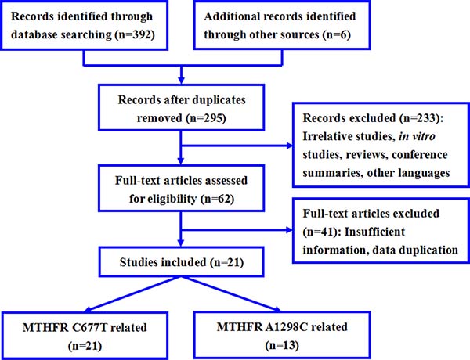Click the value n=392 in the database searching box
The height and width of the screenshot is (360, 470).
coord(135,34)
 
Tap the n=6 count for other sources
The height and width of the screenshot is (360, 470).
coord(337,34)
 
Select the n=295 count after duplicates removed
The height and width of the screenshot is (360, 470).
coord(206,118)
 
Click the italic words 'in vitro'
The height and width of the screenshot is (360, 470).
coord(417,136)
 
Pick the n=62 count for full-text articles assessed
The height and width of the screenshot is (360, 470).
coord(217,199)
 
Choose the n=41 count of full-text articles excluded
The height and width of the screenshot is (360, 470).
coord(320,232)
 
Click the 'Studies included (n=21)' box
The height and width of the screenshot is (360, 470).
coord(182,261)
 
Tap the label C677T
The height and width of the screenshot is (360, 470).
coord(89,327)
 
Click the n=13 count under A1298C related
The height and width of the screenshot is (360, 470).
coord(282,345)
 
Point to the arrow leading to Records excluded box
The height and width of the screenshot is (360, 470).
coord(237,146)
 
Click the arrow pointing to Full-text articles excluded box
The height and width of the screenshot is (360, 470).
coord(237,230)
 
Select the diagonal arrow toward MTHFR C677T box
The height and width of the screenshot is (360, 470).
coord(132,294)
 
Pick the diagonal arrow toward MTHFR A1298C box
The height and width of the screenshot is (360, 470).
coord(231,294)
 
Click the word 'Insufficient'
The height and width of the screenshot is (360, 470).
coord(374,232)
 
